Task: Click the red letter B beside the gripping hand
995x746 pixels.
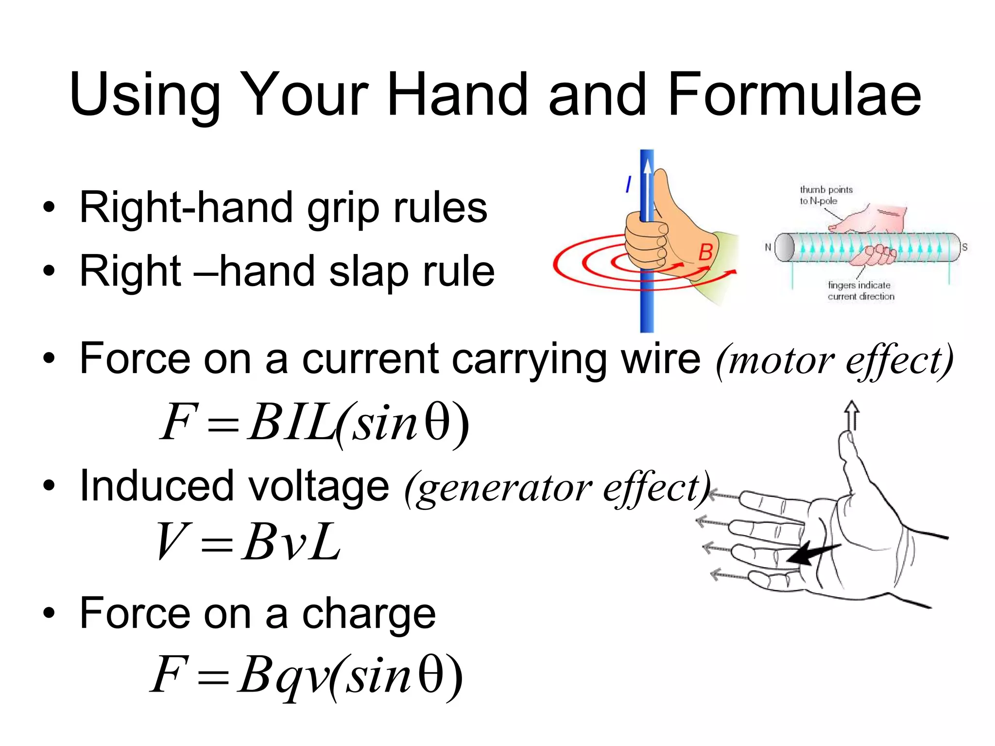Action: click(x=705, y=252)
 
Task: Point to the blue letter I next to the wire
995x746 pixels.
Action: click(x=628, y=185)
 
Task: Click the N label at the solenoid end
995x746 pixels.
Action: click(x=768, y=247)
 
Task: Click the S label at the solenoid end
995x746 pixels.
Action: click(x=964, y=247)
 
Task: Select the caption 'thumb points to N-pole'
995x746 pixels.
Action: click(x=825, y=195)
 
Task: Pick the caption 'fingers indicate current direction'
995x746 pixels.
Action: click(x=860, y=290)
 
